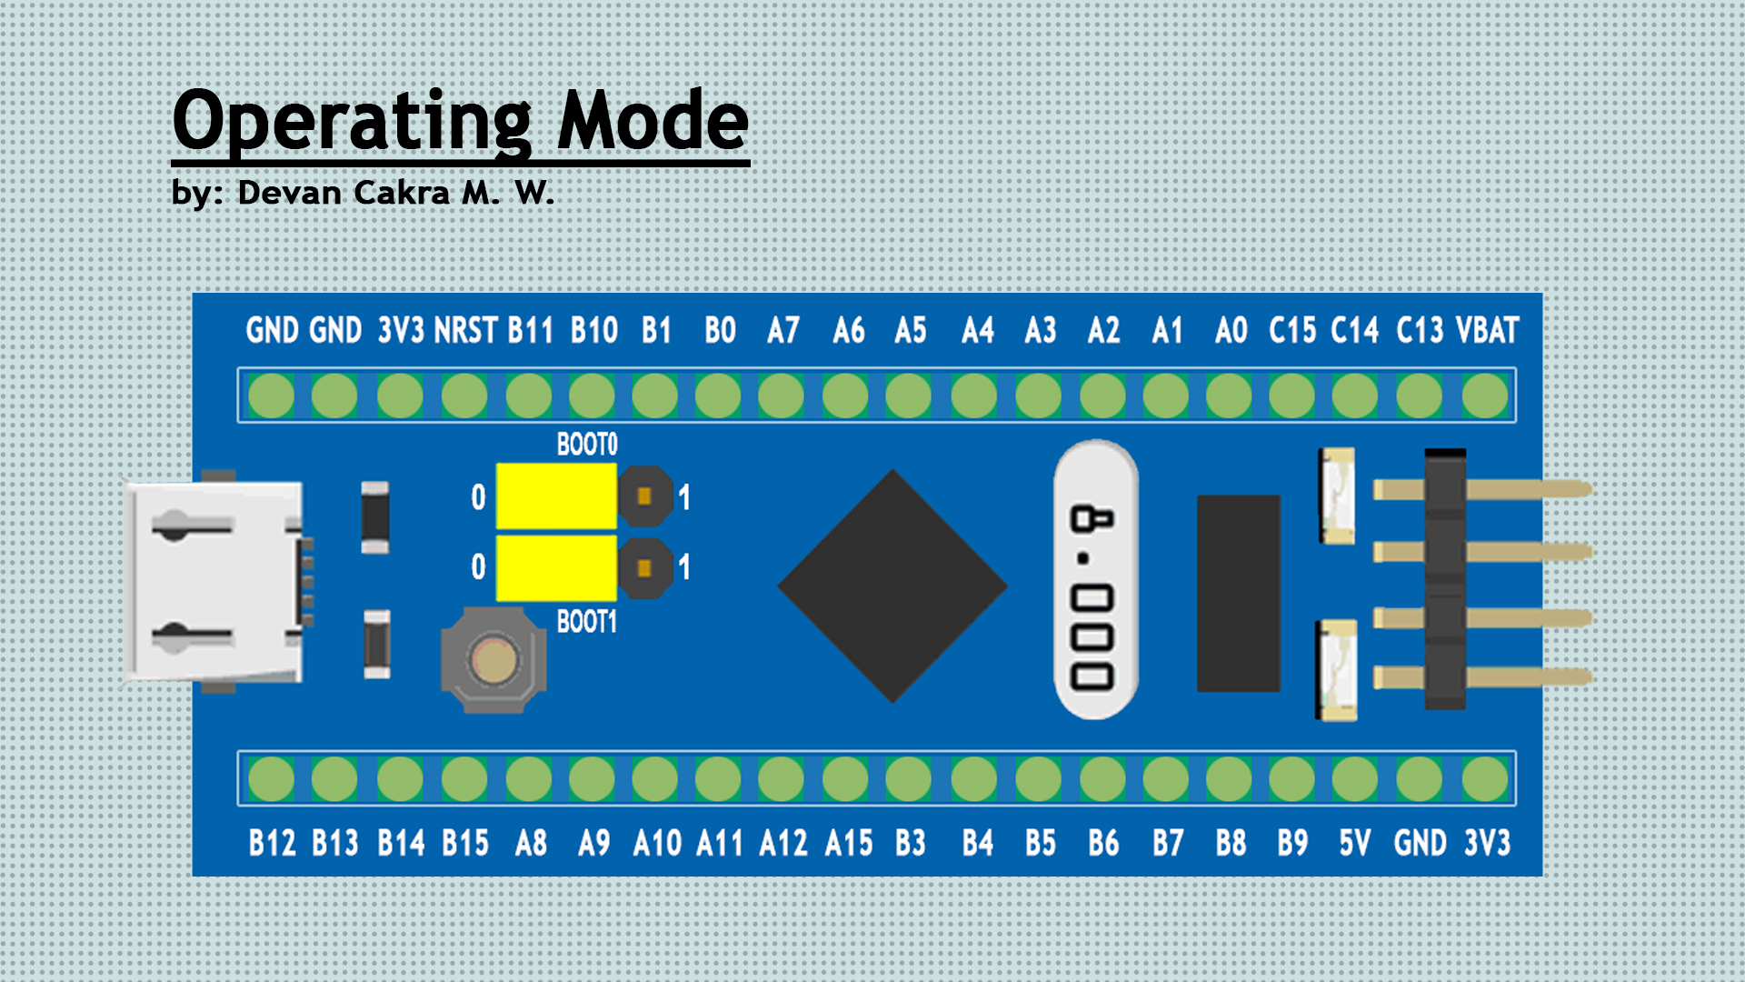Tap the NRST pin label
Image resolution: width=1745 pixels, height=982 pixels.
click(465, 330)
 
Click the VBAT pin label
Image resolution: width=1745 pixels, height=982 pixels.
click(1487, 330)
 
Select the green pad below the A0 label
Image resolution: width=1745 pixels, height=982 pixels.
click(1229, 396)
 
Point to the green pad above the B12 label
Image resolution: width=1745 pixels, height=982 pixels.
click(271, 779)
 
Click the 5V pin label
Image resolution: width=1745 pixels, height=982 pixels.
click(1354, 843)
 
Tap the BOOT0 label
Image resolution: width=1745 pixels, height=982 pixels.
click(587, 445)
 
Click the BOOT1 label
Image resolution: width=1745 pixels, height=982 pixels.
click(587, 622)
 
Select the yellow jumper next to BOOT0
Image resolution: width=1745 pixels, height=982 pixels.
click(556, 496)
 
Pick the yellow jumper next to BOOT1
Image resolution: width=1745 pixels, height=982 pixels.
click(556, 567)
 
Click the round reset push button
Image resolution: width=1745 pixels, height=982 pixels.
click(494, 660)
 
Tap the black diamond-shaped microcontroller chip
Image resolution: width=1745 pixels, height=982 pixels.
click(892, 586)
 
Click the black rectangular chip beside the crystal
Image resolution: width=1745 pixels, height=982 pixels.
click(1238, 593)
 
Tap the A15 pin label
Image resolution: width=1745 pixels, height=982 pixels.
click(848, 843)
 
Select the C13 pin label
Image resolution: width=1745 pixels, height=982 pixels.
click(1419, 330)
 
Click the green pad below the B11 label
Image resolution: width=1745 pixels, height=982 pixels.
click(529, 396)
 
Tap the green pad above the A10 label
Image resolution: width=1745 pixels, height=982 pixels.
click(655, 779)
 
